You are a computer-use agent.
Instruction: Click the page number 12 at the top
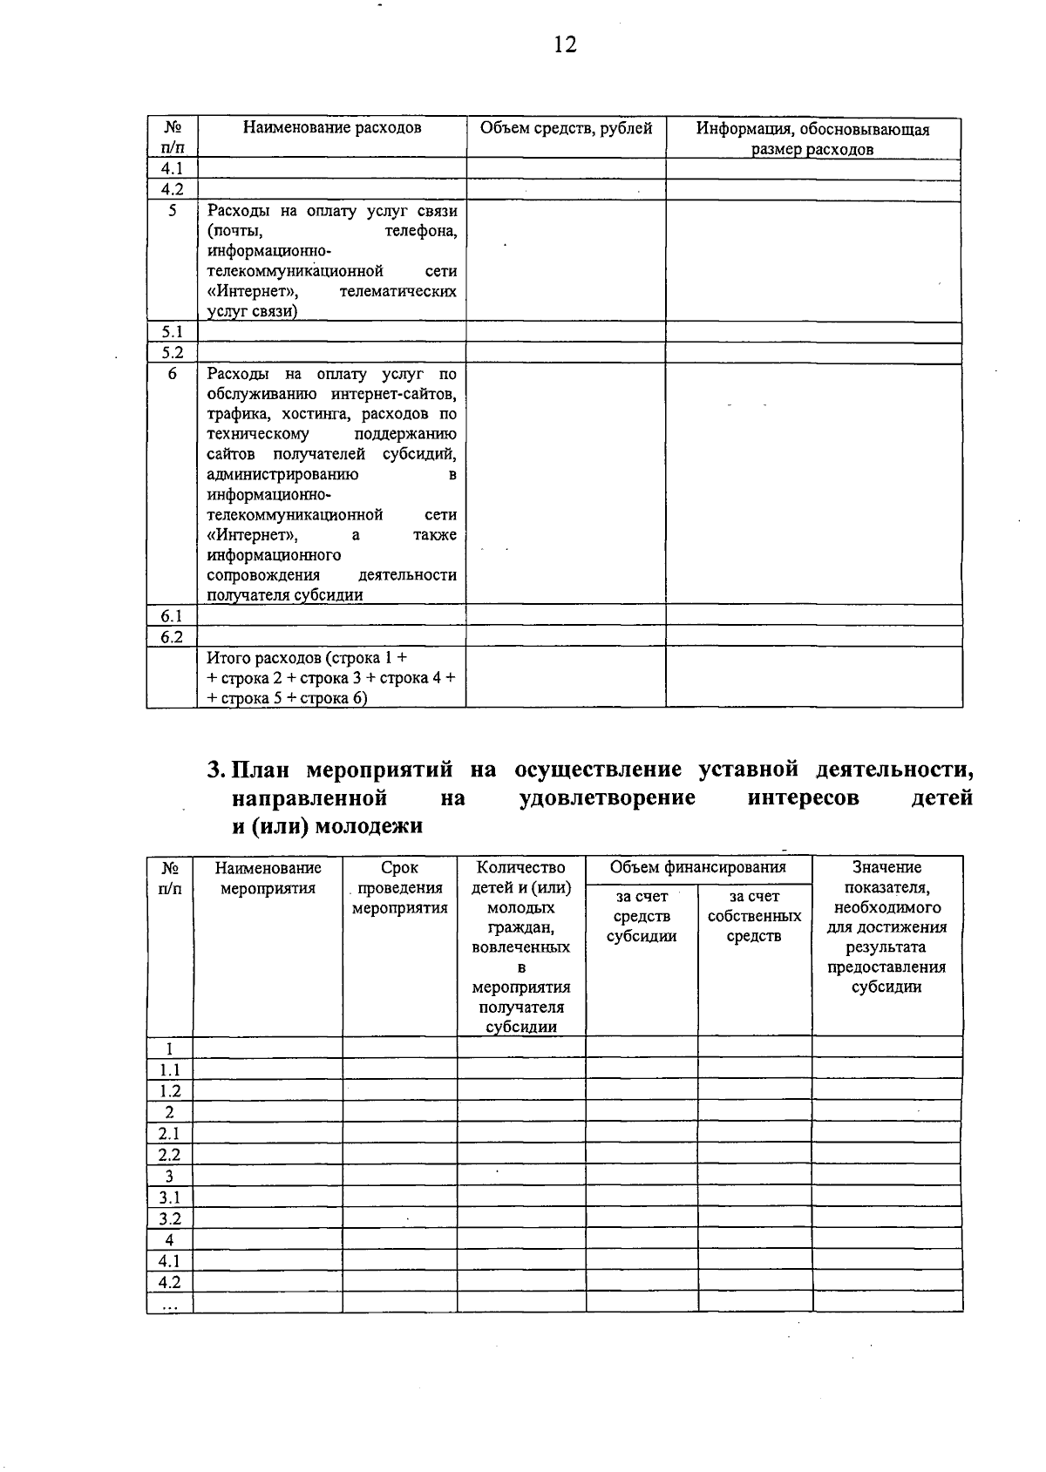coord(565,44)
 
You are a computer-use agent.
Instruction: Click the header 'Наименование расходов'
coord(332,128)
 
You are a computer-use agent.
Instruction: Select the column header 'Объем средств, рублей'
coord(566,129)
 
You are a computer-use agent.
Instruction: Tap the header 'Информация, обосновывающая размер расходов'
coord(812,139)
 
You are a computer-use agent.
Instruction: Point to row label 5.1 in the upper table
coord(172,332)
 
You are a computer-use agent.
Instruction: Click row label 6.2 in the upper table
coord(172,637)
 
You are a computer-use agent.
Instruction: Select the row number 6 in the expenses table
coord(172,374)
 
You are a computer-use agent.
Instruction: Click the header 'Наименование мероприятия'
coord(268,878)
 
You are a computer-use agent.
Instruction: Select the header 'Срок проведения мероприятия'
coord(399,888)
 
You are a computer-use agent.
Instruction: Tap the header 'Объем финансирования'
coord(697,867)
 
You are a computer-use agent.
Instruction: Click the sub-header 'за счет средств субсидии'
coord(642,916)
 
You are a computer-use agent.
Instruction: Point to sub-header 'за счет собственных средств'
coord(754,916)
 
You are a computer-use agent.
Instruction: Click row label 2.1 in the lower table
coord(169,1133)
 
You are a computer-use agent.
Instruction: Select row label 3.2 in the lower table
coord(169,1218)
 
